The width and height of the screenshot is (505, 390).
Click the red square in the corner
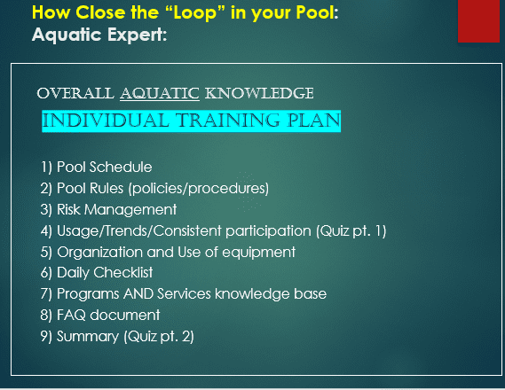[479, 21]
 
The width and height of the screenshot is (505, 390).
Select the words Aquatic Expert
[99, 35]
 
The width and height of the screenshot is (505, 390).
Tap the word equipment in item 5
[259, 252]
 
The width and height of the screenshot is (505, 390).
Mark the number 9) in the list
[46, 336]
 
